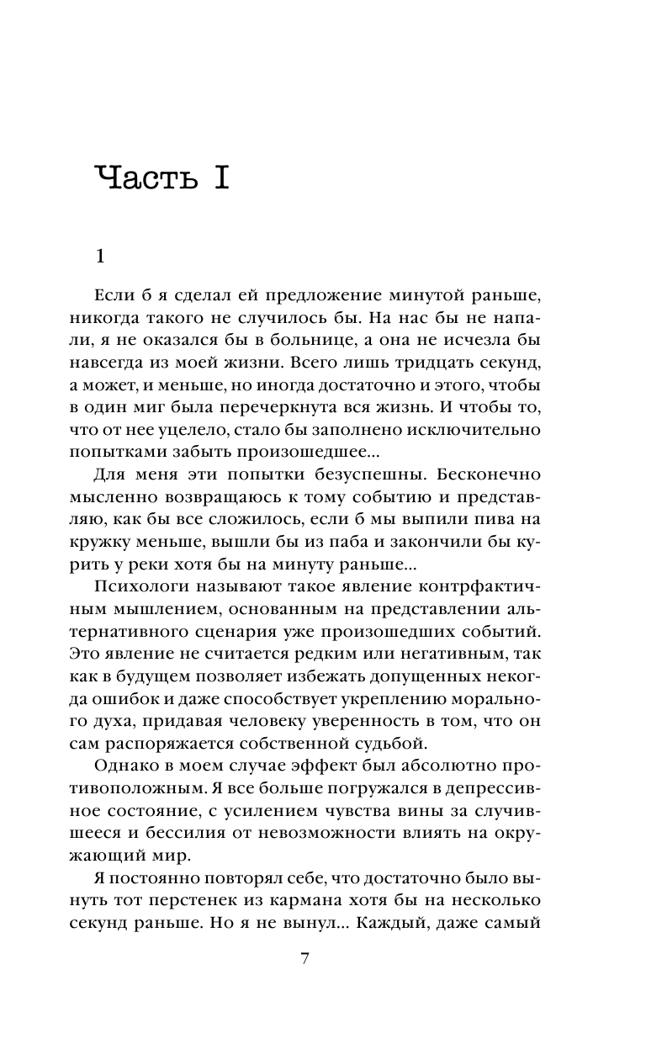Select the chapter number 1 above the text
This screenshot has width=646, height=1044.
point(100,256)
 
